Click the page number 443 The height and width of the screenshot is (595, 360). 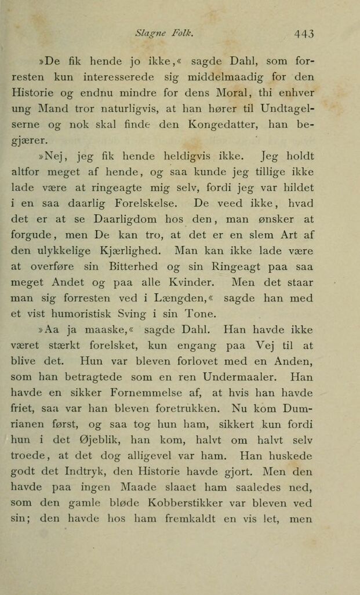(303, 34)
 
